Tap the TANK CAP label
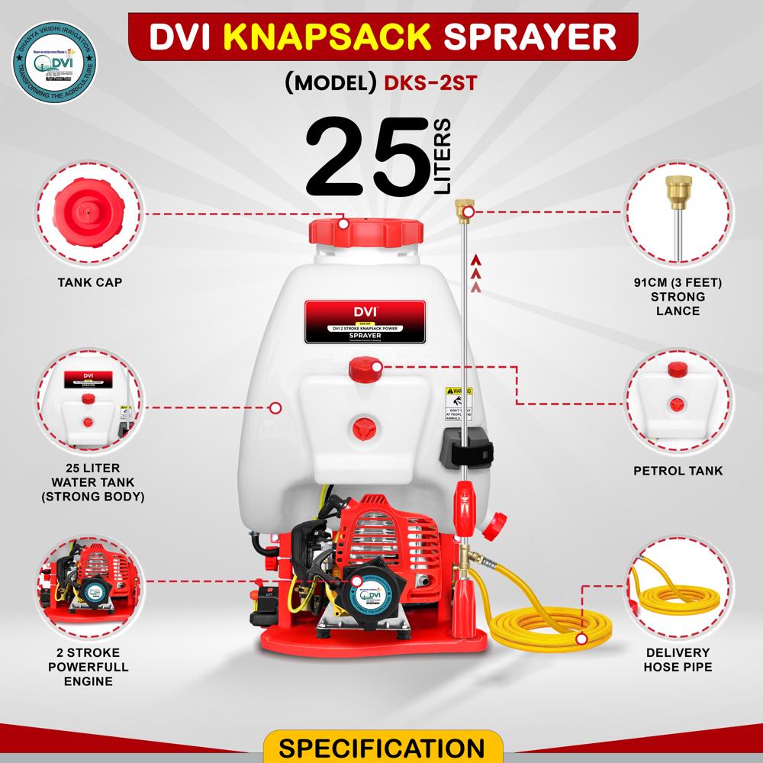[x=90, y=282]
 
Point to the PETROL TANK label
[x=678, y=472]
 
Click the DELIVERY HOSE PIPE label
[x=678, y=660]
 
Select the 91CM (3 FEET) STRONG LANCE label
[x=678, y=297]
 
